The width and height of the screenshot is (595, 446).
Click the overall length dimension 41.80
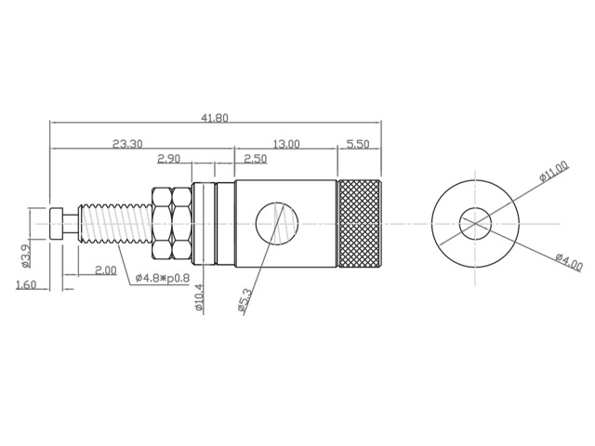(x=215, y=118)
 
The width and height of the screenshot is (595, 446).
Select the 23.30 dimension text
(x=127, y=144)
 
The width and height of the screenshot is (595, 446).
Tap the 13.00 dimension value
(x=285, y=144)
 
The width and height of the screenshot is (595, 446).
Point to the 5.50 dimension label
(x=357, y=144)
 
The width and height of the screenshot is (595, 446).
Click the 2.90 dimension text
(x=169, y=159)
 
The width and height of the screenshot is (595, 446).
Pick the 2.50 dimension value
(x=255, y=159)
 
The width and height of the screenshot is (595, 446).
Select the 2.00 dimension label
(x=105, y=269)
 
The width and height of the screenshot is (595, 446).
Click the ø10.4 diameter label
(x=199, y=298)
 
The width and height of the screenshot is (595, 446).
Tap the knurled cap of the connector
(x=358, y=223)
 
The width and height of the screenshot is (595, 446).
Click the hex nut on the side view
(x=169, y=223)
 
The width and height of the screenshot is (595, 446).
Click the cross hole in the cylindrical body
(x=276, y=224)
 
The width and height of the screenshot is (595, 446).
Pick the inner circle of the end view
(x=474, y=223)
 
